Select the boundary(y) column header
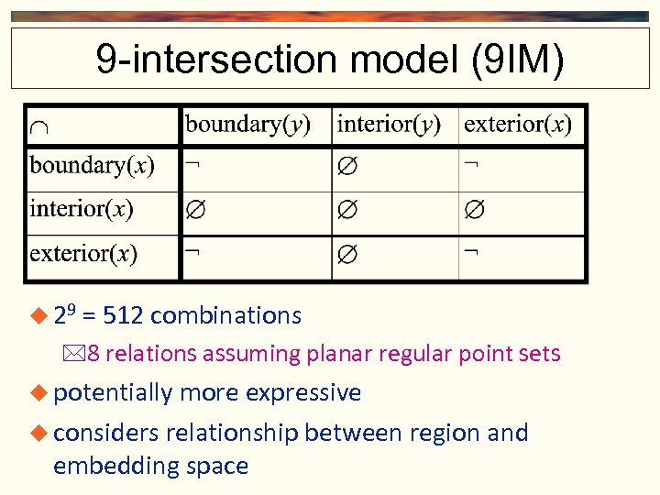pos(247,124)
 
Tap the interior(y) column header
pos(389,124)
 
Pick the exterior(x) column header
pos(518,124)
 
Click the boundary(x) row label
pos(92,166)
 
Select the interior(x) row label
pos(82,209)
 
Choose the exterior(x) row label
pos(83,252)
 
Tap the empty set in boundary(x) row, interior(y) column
pos(346,168)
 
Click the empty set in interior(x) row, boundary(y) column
pos(196,211)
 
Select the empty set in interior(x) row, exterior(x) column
pos(474,211)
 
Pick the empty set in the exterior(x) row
pos(346,254)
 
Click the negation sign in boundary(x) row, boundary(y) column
pos(192,163)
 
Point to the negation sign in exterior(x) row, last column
pos(469,251)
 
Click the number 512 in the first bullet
pos(123,316)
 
